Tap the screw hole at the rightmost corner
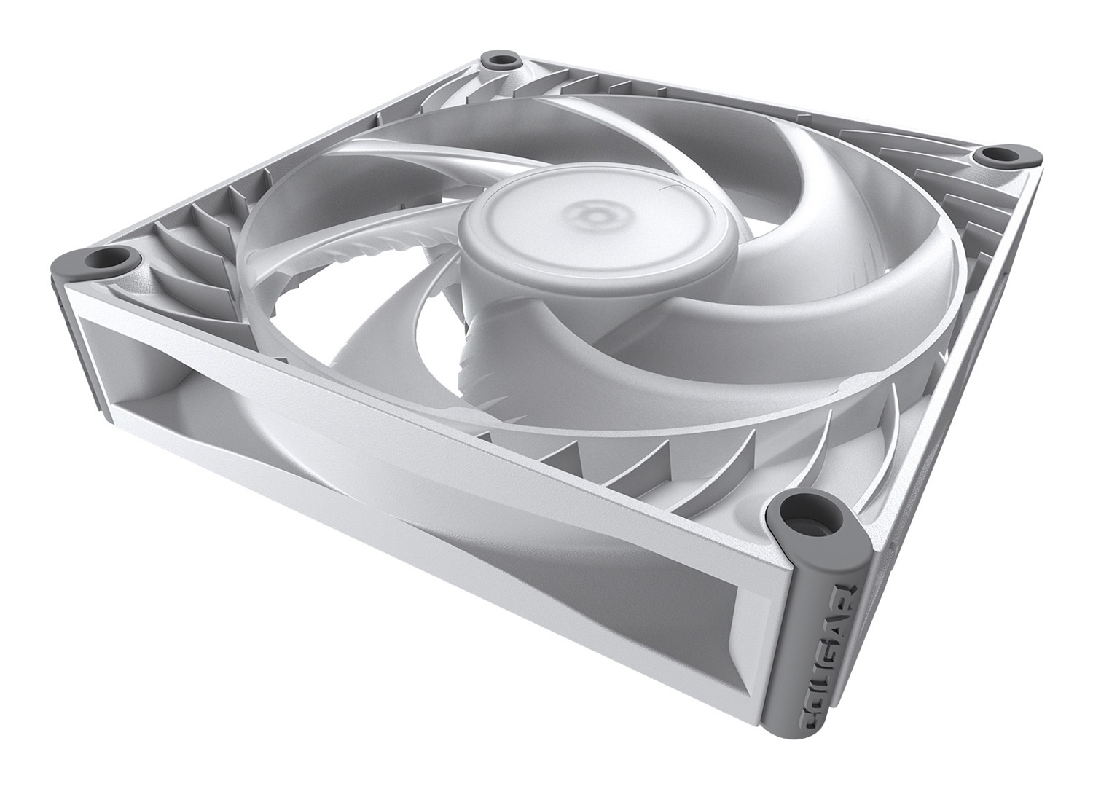[999, 154]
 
